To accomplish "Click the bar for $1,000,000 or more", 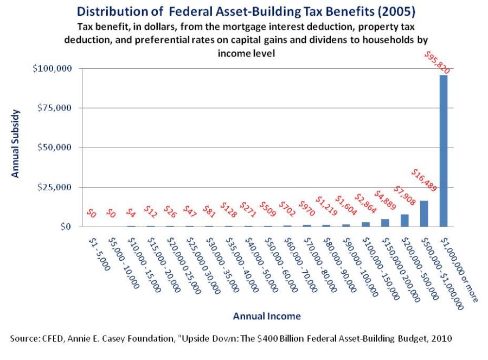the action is click(x=444, y=151).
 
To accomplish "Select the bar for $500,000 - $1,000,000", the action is click(x=424, y=214).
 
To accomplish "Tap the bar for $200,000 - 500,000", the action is click(x=404, y=221).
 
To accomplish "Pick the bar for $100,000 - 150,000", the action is click(x=365, y=224).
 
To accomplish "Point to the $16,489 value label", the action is click(x=424, y=180).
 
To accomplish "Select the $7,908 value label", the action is click(x=404, y=196).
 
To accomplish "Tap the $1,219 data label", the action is click(x=326, y=206).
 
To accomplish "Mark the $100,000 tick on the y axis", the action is click(x=52, y=68).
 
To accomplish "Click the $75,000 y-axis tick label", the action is click(x=54, y=108).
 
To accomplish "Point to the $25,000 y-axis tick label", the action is click(x=54, y=187).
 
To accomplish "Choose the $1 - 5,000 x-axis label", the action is click(x=99, y=254).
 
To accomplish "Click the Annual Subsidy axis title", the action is click(x=15, y=144).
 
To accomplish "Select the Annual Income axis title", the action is click(x=267, y=316).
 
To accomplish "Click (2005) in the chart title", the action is click(x=396, y=11).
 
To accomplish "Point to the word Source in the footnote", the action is click(x=24, y=338).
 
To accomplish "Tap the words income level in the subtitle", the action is click(x=246, y=53).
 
